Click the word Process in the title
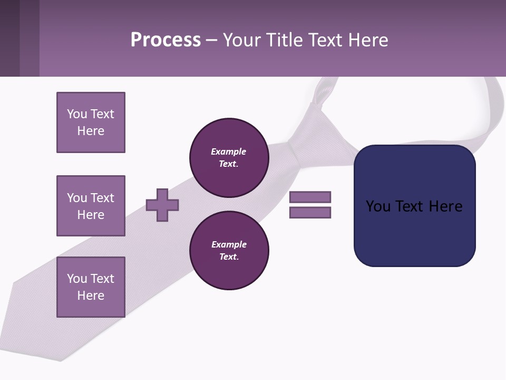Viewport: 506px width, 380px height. pos(166,40)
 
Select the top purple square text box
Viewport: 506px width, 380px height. pos(91,122)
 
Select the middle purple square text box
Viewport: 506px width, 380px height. pos(91,206)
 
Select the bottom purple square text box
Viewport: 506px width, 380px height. pos(91,287)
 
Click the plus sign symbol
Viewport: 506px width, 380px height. pos(162,205)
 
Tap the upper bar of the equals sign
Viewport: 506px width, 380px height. pos(310,197)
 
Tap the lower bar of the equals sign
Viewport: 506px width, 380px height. pos(310,213)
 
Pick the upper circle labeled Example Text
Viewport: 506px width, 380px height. pos(229,157)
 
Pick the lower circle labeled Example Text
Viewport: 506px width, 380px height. pos(229,250)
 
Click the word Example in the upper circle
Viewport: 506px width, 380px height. pos(228,151)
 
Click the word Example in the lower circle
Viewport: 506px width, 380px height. pos(229,244)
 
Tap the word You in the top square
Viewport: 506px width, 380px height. pos(76,114)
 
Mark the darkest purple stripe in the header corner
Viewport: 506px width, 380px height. pos(9,38)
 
